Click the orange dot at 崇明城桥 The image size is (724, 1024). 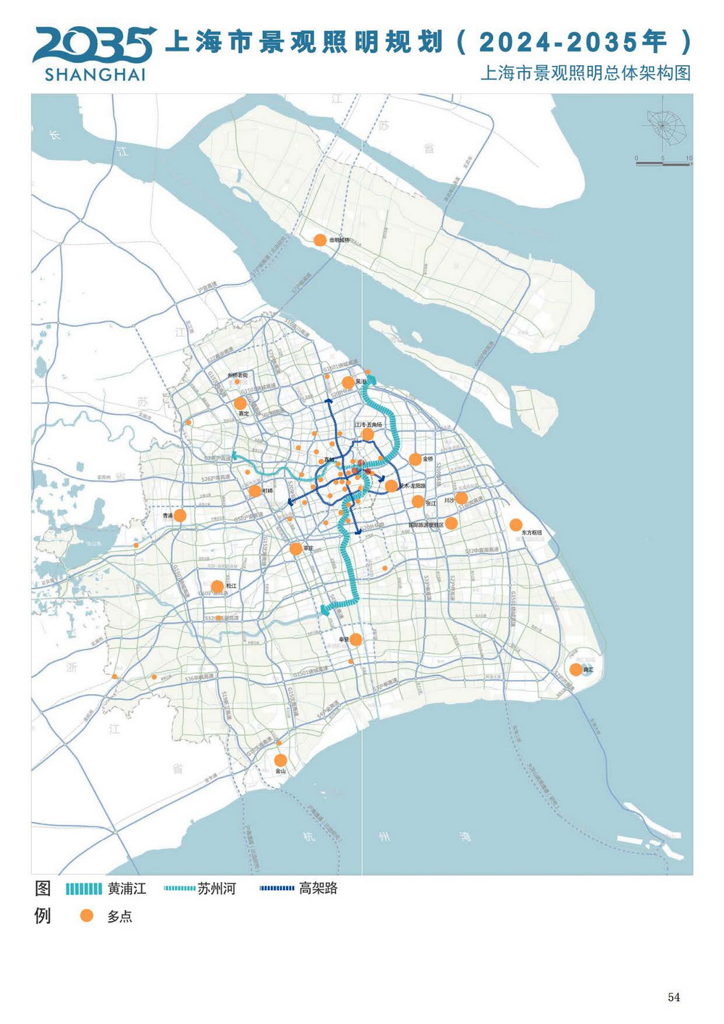[319, 240]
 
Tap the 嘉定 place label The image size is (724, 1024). [244, 414]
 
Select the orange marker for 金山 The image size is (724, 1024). [280, 760]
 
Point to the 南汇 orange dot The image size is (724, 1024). [576, 670]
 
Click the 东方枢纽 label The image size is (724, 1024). [531, 533]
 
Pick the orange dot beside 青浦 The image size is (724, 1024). [180, 516]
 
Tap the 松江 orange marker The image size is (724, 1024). [217, 587]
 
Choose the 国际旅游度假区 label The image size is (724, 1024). [426, 525]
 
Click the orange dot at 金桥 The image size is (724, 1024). [415, 459]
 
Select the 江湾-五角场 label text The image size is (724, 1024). [368, 425]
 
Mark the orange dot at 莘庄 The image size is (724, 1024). [295, 549]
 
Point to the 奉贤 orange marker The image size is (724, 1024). [355, 639]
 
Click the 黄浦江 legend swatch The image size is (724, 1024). [83, 889]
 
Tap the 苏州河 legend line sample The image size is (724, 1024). [180, 889]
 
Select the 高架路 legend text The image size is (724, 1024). [319, 889]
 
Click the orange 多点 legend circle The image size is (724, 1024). [87, 916]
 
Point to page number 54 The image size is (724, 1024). [674, 997]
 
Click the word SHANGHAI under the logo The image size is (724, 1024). [95, 75]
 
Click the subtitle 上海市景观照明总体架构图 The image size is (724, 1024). [586, 73]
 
